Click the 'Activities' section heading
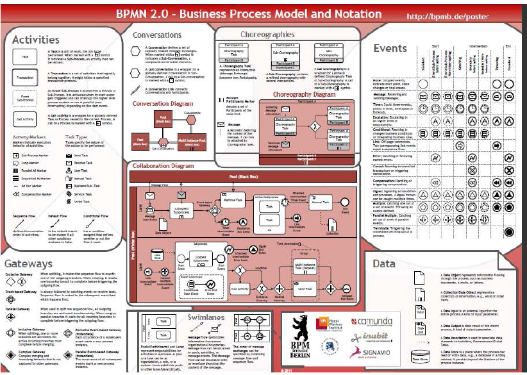pos(37,40)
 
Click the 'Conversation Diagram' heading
pos(163,103)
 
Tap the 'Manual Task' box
pos(319,202)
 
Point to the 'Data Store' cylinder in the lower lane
pos(157,258)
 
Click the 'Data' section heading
pos(384,263)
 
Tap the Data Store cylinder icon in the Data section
pos(419,356)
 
